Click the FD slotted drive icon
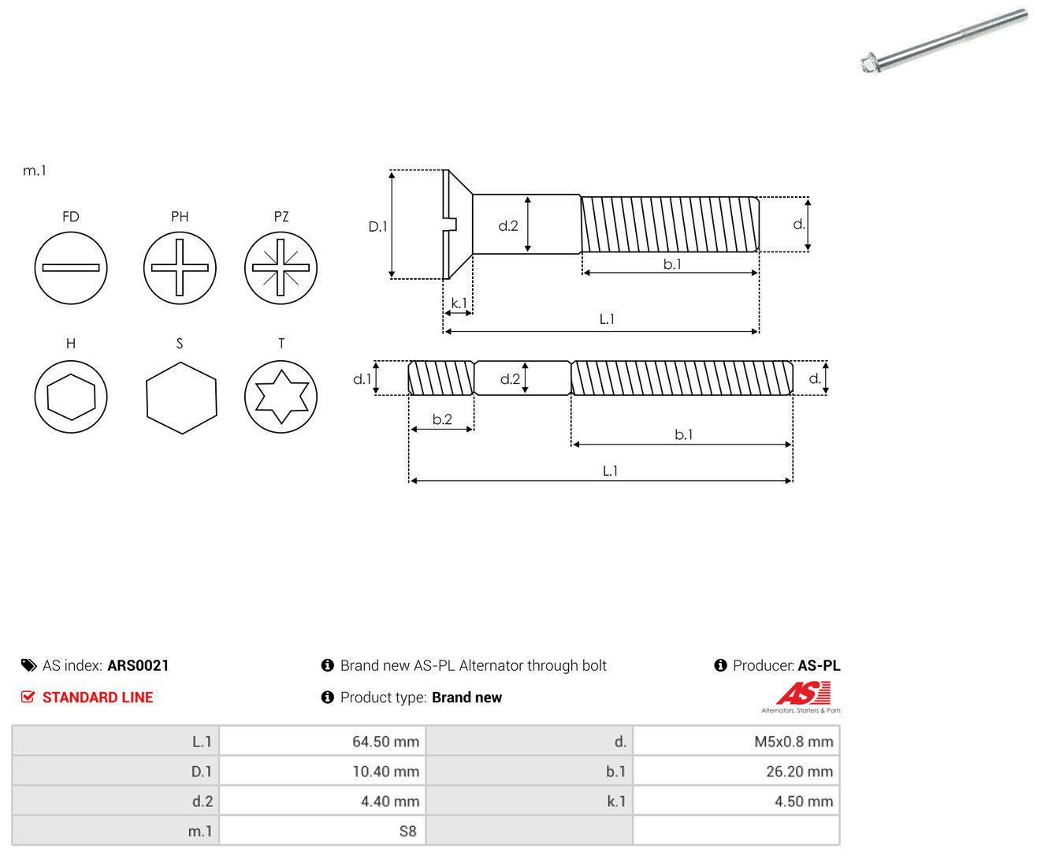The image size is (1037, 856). [70, 268]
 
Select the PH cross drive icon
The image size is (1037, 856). [180, 268]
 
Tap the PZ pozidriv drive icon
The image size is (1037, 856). [281, 268]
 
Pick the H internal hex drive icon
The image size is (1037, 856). [70, 396]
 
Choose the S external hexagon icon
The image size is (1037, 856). [181, 398]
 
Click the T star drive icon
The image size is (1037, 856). [281, 396]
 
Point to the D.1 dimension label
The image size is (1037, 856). [377, 226]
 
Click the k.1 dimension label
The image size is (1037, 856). [459, 303]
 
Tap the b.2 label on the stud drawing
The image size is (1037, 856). [442, 419]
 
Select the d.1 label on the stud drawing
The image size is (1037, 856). [362, 379]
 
